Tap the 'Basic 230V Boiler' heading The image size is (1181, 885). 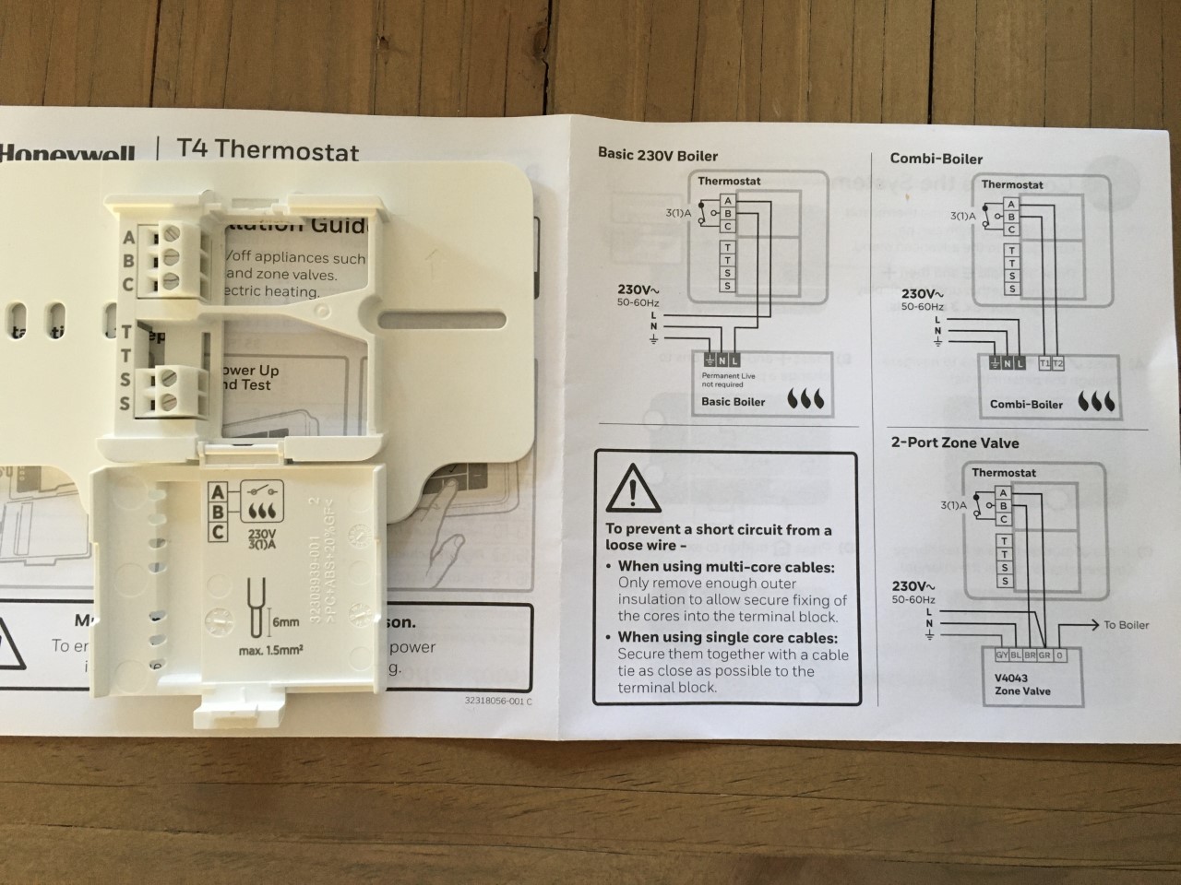coord(657,155)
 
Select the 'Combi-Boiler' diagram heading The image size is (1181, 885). coord(936,159)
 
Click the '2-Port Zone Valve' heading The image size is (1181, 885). coord(954,442)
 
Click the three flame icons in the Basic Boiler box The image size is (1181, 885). coord(809,400)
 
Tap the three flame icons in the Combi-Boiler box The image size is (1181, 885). coord(1096,402)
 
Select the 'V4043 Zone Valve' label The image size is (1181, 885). coord(1021,684)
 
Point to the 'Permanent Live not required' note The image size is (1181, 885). coord(728,380)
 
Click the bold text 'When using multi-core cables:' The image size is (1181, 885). coord(726,566)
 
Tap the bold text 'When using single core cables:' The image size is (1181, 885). coord(728,637)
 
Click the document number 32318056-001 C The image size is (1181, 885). coord(498,701)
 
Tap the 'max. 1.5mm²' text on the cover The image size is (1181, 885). coord(271,651)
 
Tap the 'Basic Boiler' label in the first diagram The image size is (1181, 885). coord(733,402)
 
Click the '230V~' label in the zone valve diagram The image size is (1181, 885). coord(913,586)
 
